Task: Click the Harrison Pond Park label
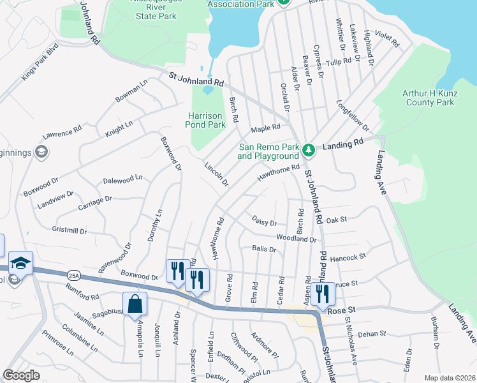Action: pos(207,121)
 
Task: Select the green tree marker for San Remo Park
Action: pos(309,150)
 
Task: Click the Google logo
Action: pos(21,375)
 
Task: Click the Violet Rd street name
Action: pos(386,40)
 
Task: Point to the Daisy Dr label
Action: pos(265,223)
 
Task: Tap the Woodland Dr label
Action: pos(296,238)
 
